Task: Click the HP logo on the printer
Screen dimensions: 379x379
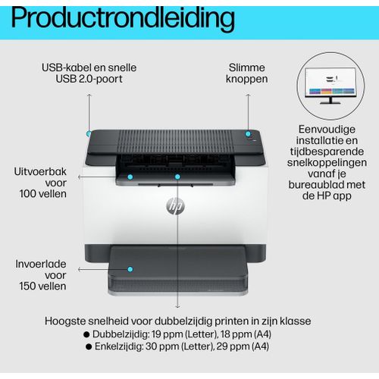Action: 176,206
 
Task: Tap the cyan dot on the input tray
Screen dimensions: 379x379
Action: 130,269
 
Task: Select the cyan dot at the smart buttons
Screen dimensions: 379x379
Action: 248,133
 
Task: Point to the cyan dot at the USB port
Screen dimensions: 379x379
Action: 89,133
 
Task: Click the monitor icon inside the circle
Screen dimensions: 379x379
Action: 330,86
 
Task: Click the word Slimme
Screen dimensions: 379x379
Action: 247,67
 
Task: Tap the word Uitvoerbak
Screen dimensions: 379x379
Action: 40,171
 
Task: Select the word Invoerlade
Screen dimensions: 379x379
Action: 41,264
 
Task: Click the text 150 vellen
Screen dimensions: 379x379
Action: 42,287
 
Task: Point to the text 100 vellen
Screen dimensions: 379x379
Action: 43,194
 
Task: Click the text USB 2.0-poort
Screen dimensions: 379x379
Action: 89,79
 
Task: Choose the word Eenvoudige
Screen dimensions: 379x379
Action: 327,130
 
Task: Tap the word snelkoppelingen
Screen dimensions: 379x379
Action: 327,163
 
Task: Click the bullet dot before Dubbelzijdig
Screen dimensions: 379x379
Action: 86,334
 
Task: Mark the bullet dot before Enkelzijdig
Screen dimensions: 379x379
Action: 89,346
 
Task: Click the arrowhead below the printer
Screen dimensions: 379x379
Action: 177,306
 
